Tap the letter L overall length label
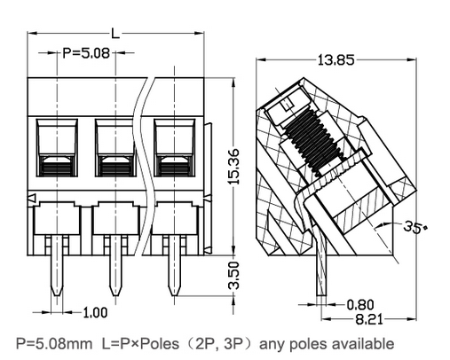115,34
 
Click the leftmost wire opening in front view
54,145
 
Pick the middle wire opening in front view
114,145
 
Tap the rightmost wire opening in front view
173,145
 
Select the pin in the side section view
319,266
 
